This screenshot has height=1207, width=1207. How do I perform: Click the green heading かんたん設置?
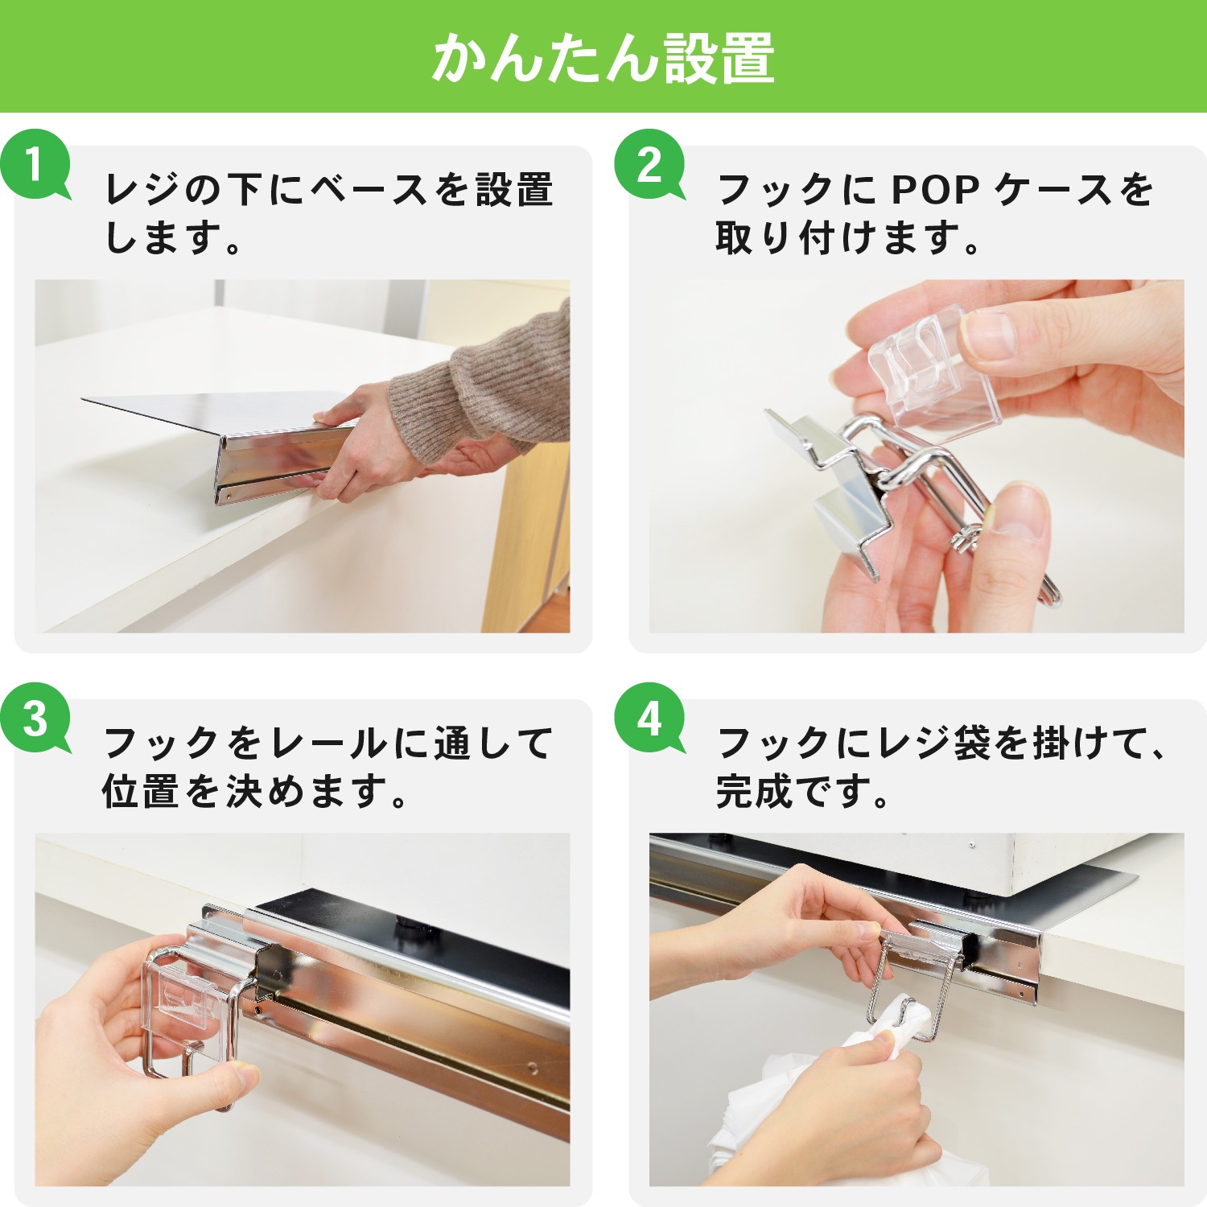click(603, 58)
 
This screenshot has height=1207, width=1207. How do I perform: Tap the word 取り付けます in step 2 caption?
click(837, 238)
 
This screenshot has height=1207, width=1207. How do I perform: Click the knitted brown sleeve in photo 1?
click(483, 386)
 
